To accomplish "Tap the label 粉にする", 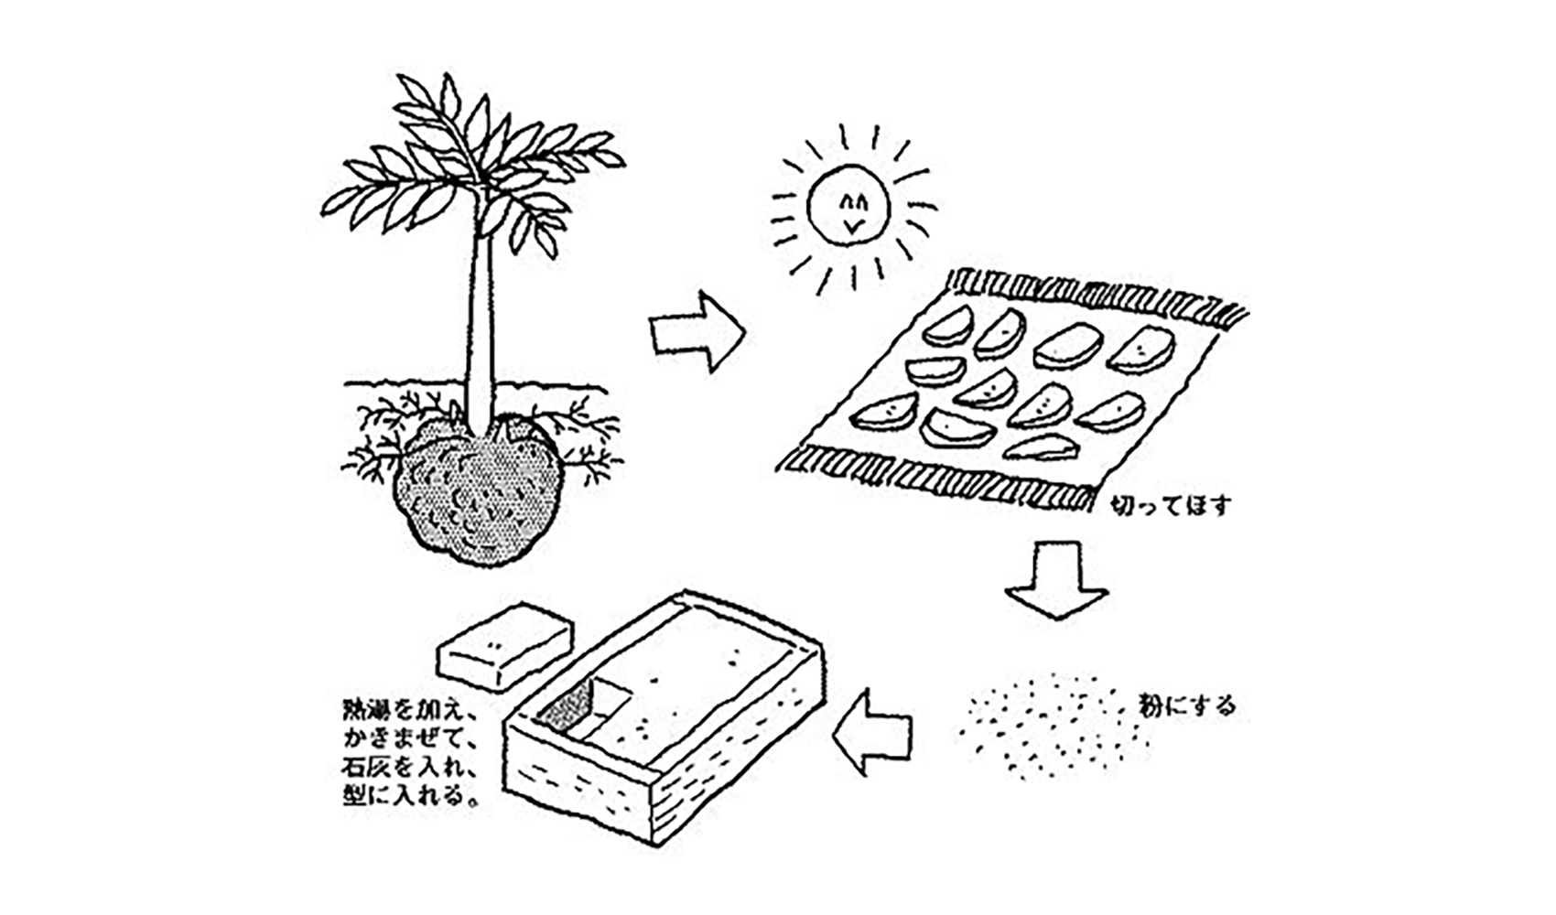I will pyautogui.click(x=1187, y=705).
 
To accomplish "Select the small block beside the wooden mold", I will pyautogui.click(x=503, y=645).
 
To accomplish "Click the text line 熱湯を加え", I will pyautogui.click(x=405, y=709).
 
